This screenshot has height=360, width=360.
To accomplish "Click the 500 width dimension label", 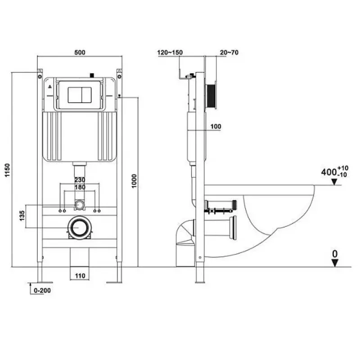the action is click(80, 52).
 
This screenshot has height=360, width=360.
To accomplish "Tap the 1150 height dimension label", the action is click(8, 170).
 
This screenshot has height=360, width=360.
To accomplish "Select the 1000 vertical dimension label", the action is click(134, 181).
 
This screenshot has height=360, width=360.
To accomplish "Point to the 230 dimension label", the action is click(80, 180).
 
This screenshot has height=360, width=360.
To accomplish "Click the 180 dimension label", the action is click(80, 187).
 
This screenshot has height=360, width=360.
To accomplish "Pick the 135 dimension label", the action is click(22, 216).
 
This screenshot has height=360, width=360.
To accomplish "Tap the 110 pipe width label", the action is click(80, 275).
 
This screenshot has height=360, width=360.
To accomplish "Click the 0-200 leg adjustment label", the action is click(42, 290).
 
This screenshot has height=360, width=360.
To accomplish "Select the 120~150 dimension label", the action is click(170, 52).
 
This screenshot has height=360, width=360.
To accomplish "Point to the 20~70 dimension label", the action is click(229, 52).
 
